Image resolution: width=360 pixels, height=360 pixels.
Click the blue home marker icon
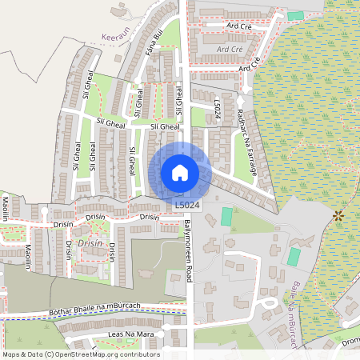[x=180, y=172]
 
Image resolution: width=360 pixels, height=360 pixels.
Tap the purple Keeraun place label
[x=115, y=37]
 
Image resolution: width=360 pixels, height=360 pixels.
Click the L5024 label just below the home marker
[x=187, y=206]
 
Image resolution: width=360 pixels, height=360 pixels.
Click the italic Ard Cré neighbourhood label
[x=230, y=49]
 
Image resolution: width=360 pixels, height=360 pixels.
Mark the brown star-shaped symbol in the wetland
[x=338, y=214]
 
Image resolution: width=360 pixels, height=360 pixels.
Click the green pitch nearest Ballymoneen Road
[x=226, y=216]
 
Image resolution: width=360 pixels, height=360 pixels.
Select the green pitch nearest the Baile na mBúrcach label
[x=294, y=258]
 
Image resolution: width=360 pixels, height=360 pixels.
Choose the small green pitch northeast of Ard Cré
[x=296, y=15]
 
